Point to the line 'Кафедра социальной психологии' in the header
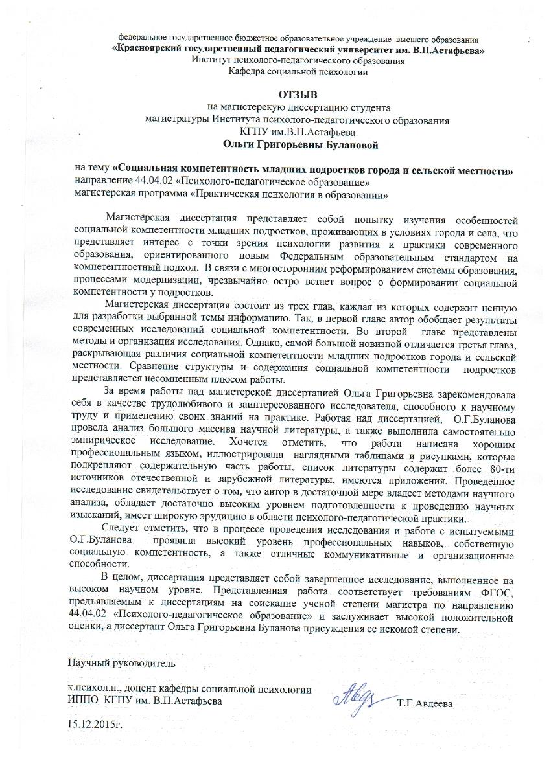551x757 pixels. (x=298, y=72)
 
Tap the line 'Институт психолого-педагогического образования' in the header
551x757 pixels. (x=298, y=61)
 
